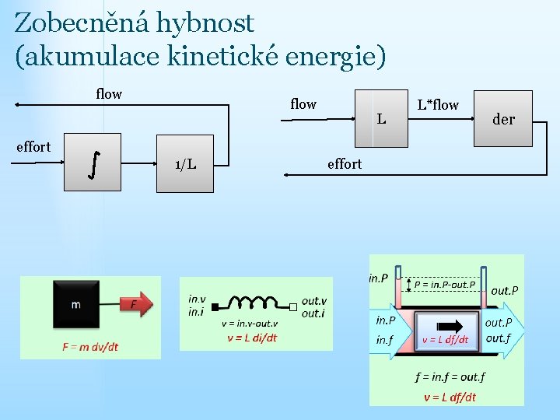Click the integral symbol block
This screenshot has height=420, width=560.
[x=93, y=163]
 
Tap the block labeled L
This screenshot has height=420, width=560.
[x=381, y=118]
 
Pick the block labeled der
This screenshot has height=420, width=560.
[x=504, y=119]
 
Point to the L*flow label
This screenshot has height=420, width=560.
[x=438, y=104]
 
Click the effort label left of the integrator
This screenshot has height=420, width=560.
[x=33, y=146]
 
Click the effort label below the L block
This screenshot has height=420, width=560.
[x=345, y=163]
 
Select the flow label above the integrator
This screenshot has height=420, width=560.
[x=109, y=94]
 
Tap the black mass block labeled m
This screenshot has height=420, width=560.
[x=75, y=304]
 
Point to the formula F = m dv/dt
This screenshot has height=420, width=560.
[x=90, y=346]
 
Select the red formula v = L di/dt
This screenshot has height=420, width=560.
[x=251, y=338]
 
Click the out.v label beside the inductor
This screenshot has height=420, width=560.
[x=314, y=301]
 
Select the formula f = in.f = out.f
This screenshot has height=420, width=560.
[x=450, y=378]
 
